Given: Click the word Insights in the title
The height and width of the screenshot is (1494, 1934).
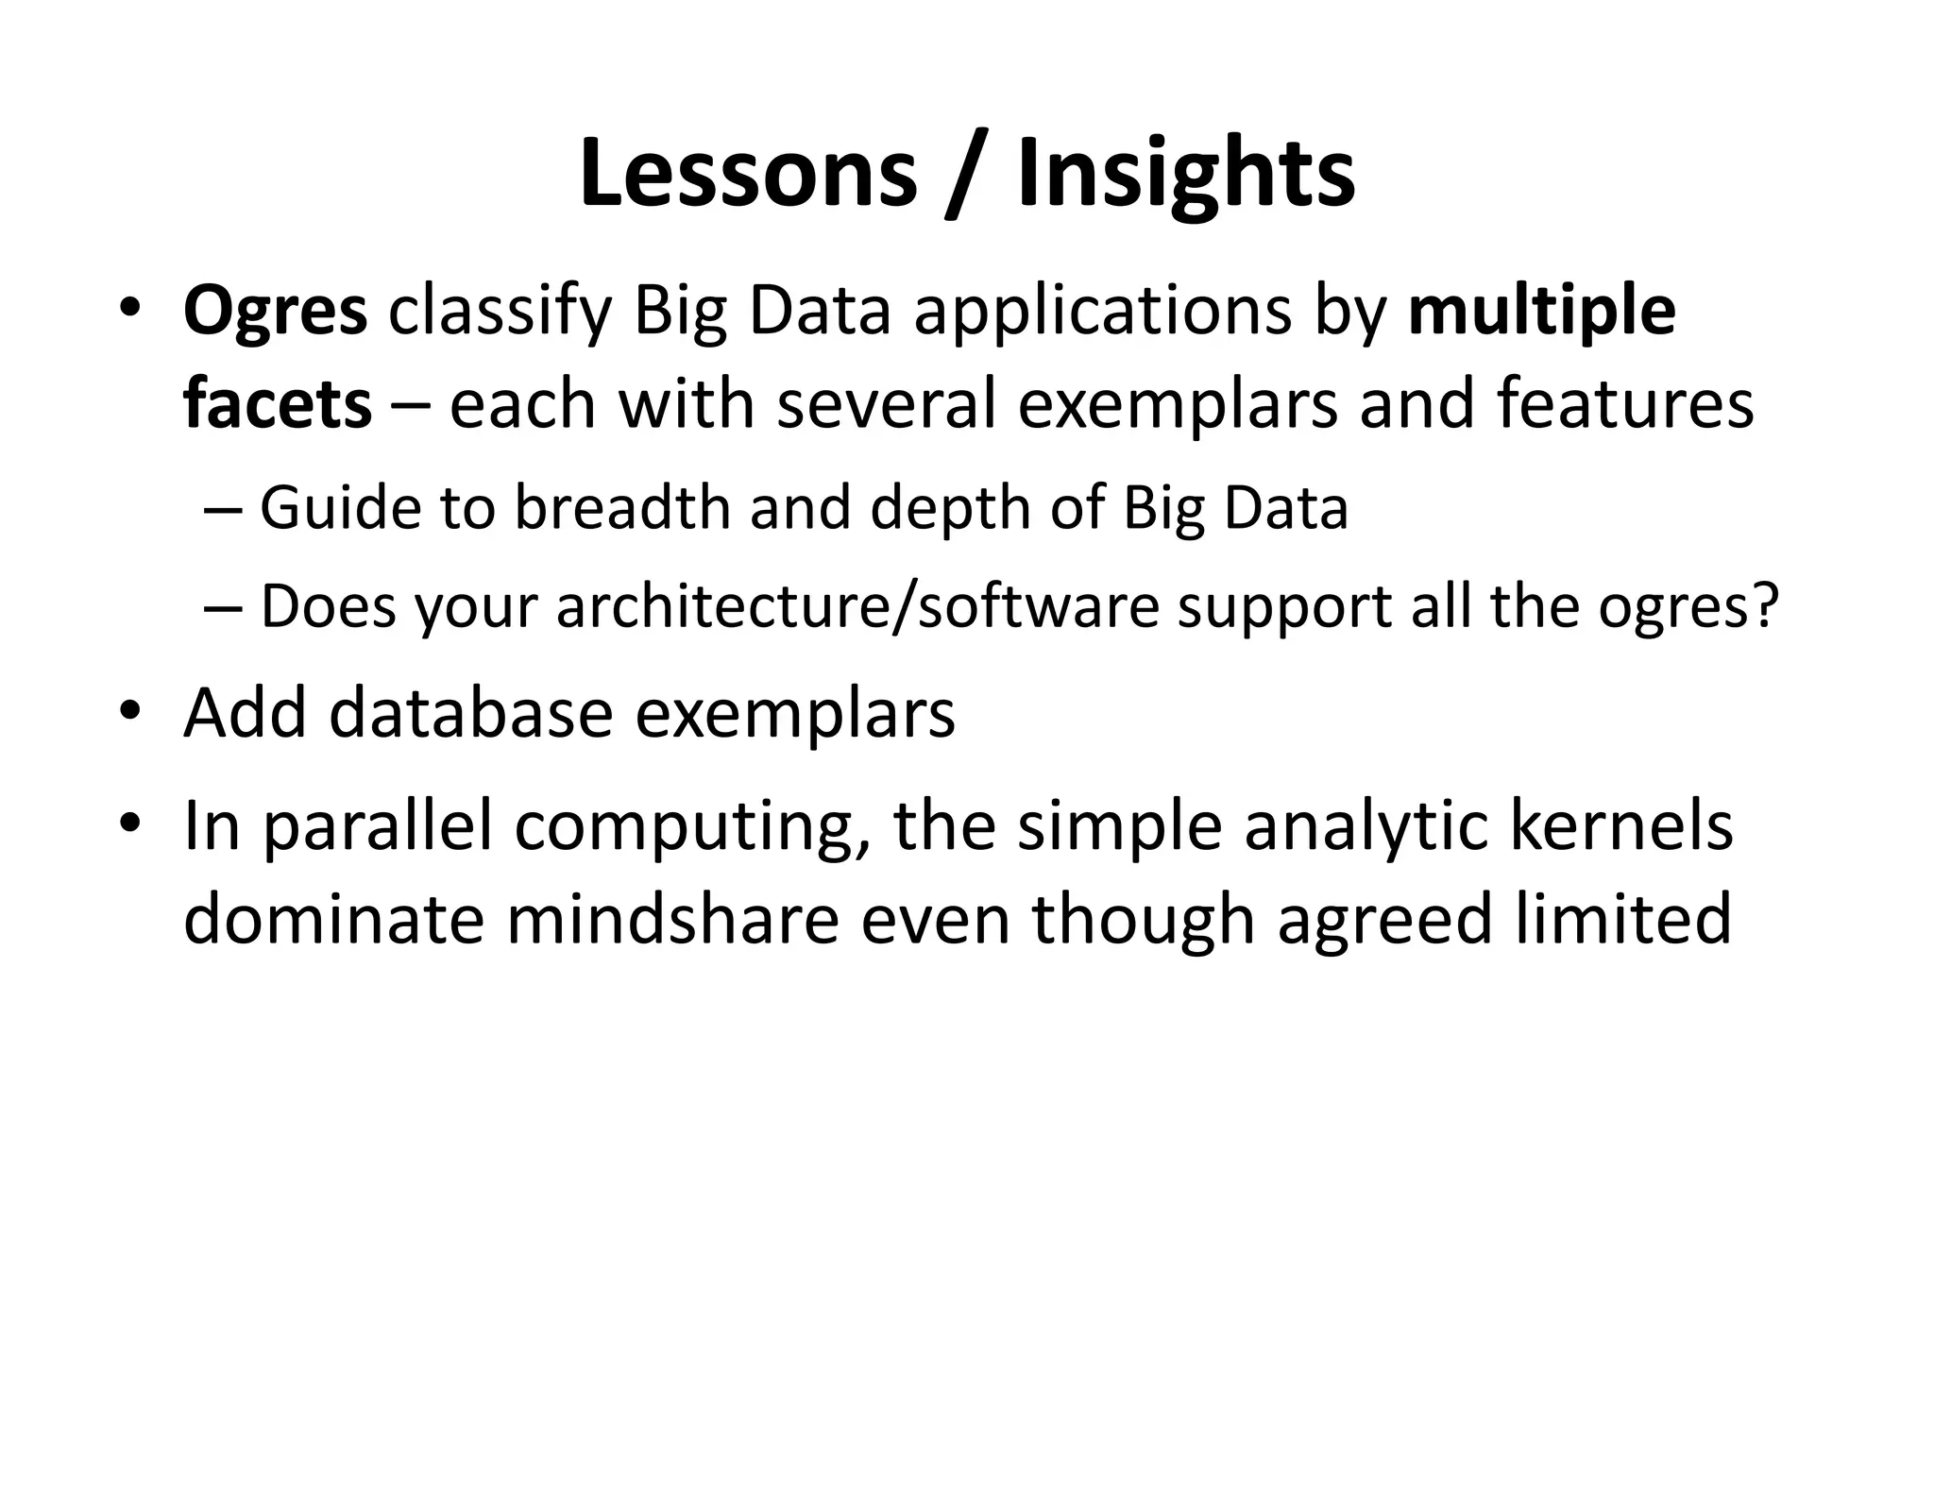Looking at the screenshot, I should (x=1186, y=175).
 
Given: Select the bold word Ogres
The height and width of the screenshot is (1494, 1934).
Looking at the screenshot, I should (x=275, y=312).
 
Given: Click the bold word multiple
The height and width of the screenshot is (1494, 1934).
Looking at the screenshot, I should (x=1541, y=312).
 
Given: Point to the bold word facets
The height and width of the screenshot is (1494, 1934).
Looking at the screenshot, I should (x=278, y=404).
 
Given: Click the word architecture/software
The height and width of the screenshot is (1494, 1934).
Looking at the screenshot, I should (x=857, y=605).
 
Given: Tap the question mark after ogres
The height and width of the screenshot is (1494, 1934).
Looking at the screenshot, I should (x=1763, y=605).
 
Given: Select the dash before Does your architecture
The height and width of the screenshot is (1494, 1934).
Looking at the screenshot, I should (x=223, y=607).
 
